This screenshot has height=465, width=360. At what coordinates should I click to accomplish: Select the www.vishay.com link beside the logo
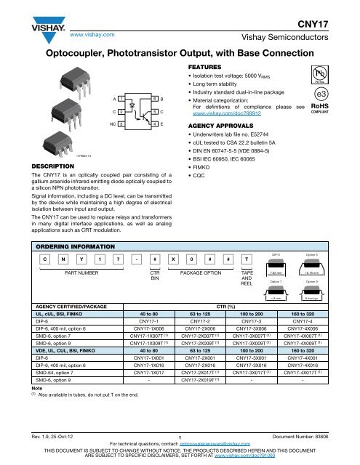tap(89, 34)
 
